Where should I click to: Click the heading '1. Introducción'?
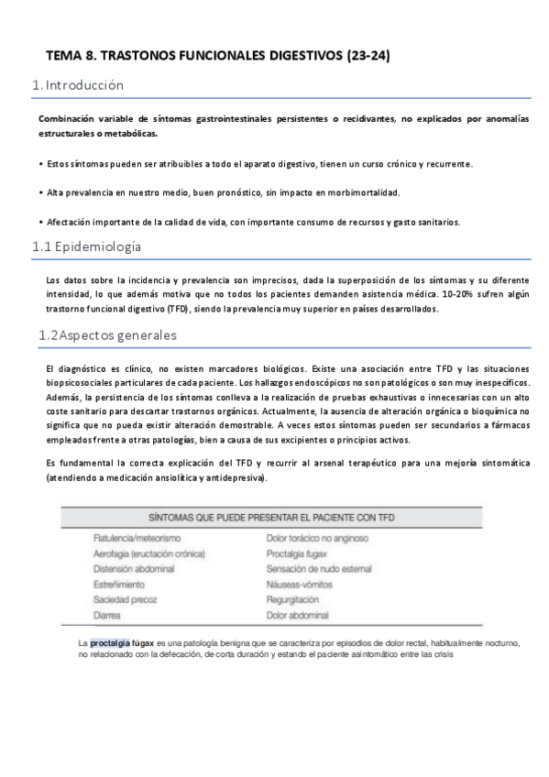click(x=78, y=86)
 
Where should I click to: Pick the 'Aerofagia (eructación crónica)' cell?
click(x=149, y=553)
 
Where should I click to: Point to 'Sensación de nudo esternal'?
click(x=319, y=569)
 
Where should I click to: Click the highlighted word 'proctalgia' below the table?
click(x=110, y=643)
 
